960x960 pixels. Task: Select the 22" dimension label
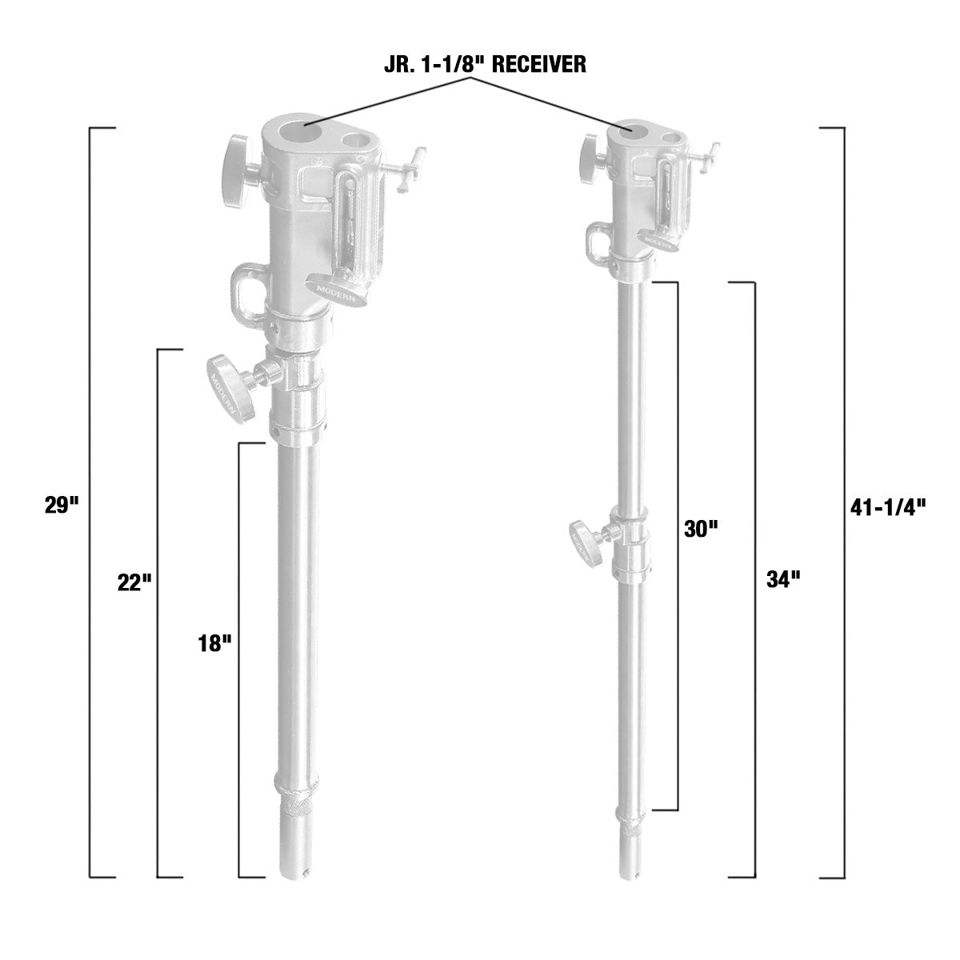pyautogui.click(x=134, y=582)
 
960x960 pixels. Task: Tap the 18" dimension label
pyautogui.click(x=214, y=643)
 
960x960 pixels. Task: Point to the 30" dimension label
pyautogui.click(x=701, y=529)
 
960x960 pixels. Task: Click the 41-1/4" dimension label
pyautogui.click(x=886, y=506)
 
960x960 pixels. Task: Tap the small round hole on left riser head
pyautogui.click(x=355, y=144)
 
